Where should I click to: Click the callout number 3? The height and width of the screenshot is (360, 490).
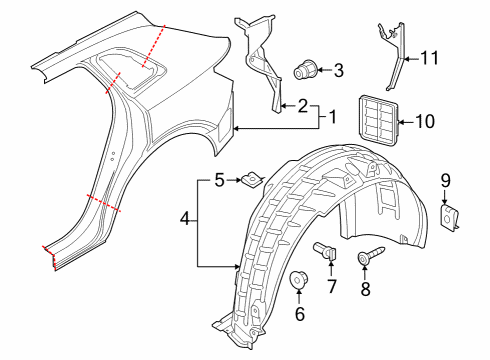(338, 70)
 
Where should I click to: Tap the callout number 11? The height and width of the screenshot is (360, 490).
(429, 58)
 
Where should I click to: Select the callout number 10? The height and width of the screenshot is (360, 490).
(425, 121)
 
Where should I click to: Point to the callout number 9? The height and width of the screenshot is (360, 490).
(446, 181)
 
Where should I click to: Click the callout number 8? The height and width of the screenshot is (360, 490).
(365, 289)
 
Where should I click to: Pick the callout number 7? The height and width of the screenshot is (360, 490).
(332, 286)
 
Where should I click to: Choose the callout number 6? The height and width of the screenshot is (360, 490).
(300, 314)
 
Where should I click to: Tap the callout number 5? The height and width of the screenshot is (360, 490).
(219, 180)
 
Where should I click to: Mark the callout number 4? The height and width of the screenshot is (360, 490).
(185, 219)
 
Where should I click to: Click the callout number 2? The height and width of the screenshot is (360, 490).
(302, 106)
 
